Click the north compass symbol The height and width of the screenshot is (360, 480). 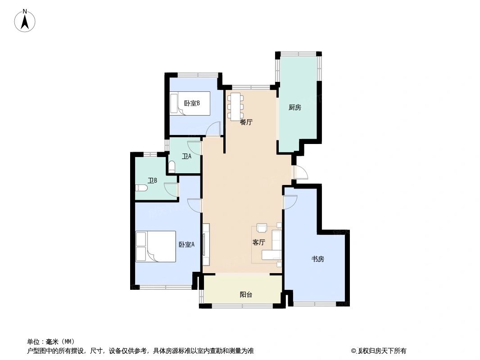point(25,21)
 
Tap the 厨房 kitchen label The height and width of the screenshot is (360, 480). point(294,107)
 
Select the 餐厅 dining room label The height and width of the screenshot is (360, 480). point(246,122)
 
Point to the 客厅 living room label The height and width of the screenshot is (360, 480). point(258,242)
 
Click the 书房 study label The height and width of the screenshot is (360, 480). point(318,259)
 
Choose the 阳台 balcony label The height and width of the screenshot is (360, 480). point(246,295)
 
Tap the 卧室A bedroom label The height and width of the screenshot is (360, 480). point(186,244)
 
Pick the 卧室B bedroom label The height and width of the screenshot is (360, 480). point(192,103)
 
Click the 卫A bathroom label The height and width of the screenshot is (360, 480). point(186,157)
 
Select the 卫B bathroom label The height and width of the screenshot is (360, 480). point(153,180)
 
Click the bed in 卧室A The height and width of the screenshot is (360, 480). point(155,246)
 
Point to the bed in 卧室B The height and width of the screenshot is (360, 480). point(190,103)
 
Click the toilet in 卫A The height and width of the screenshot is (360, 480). point(172,167)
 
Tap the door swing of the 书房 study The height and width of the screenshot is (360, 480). point(290,202)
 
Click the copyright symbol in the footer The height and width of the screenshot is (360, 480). point(354,351)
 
